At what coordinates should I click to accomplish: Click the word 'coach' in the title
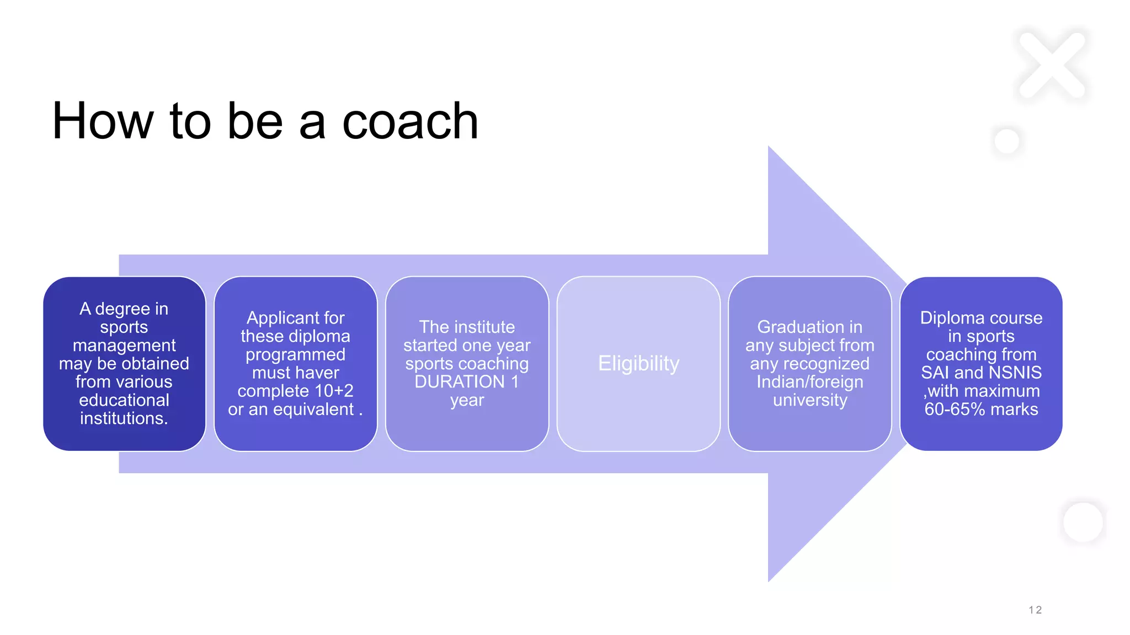(410, 122)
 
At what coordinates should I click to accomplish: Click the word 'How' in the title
(103, 122)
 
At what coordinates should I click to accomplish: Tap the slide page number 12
(1035, 610)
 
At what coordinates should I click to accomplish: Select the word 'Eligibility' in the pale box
(638, 364)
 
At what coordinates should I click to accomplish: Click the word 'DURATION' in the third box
(459, 381)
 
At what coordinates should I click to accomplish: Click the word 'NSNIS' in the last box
(1014, 373)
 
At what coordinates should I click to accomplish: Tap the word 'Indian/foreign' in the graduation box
(809, 381)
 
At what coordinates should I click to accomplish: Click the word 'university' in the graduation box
(809, 400)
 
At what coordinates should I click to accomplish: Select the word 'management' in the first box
(124, 346)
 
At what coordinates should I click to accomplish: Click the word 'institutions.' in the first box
(124, 418)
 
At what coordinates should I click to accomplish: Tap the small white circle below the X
(1006, 141)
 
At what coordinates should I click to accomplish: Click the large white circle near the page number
(1083, 523)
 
